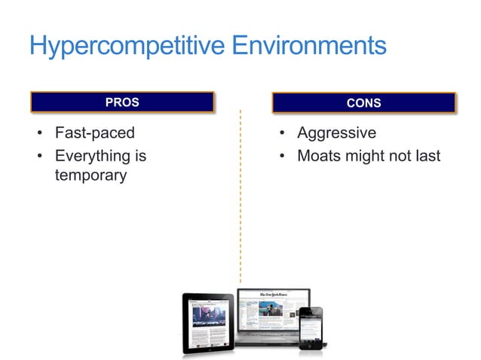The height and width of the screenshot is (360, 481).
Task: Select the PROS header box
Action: coord(122,102)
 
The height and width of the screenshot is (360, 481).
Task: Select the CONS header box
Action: coord(363,102)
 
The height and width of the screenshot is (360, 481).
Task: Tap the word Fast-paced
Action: coord(94,133)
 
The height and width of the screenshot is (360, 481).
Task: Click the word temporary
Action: coord(90,176)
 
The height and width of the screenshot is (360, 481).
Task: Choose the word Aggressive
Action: coord(336,133)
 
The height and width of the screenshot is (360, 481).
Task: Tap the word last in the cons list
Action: coord(426,157)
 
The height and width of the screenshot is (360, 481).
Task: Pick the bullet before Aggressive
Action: coord(280,134)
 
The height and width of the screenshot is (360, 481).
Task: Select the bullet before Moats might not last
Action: coord(280,157)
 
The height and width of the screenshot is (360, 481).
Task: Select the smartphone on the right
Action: coord(312,328)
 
